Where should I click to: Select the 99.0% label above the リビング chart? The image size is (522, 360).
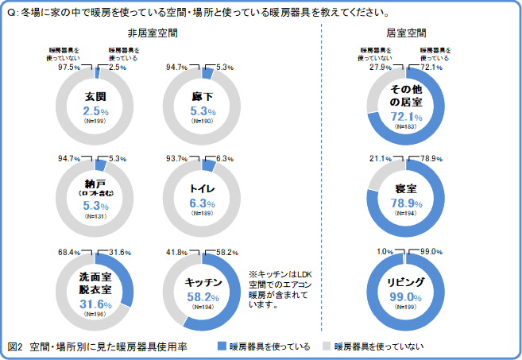pos(431,252)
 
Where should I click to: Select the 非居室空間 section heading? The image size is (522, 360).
pos(152,33)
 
